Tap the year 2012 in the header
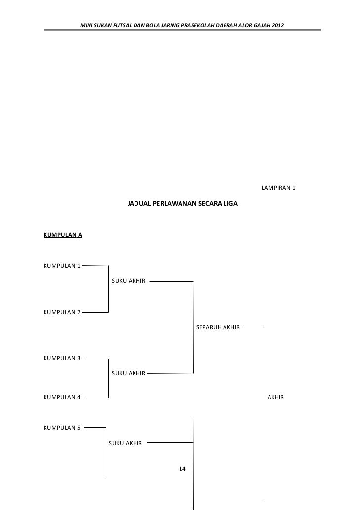pos(278,25)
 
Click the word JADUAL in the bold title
pos(139,203)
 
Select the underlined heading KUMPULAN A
pos(63,235)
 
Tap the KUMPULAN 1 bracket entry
pos(62,266)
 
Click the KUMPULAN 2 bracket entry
pos(62,312)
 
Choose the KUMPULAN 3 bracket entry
pos(62,358)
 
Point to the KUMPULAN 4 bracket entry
pos(62,397)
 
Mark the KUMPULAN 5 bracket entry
pos(62,428)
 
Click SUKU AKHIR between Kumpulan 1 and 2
pos(129,281)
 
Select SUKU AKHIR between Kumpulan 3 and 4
pos(129,373)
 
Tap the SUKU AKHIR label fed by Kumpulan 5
pos(125,443)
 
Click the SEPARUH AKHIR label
pos(218,327)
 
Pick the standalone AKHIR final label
pos(275,397)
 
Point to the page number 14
pos(182,468)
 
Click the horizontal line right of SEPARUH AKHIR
pos(253,327)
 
